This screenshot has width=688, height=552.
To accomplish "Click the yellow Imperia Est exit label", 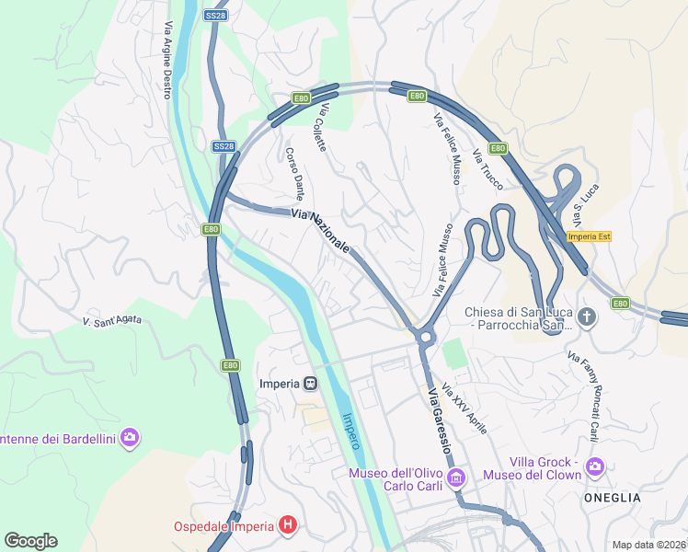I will [x=590, y=236].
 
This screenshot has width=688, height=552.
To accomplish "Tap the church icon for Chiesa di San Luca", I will [x=588, y=318].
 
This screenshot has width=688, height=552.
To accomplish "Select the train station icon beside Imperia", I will [x=311, y=383].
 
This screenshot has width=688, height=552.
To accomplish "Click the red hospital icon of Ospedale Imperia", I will [x=288, y=525].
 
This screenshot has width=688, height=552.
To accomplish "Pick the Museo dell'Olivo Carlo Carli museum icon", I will [x=456, y=477].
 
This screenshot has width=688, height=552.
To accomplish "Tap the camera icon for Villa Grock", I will [x=595, y=466].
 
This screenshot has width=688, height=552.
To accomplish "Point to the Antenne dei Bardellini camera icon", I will [x=130, y=438].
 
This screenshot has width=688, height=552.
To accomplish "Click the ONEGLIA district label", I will [x=612, y=497].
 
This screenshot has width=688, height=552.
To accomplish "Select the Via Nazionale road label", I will [x=320, y=231].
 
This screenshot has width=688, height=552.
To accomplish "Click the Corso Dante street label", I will [x=294, y=174].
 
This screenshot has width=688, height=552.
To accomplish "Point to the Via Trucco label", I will [x=487, y=169].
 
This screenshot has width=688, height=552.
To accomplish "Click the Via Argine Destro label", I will [x=167, y=60].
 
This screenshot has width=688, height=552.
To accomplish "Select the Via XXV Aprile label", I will [x=464, y=408].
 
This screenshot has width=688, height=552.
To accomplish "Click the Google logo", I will [x=30, y=540].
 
